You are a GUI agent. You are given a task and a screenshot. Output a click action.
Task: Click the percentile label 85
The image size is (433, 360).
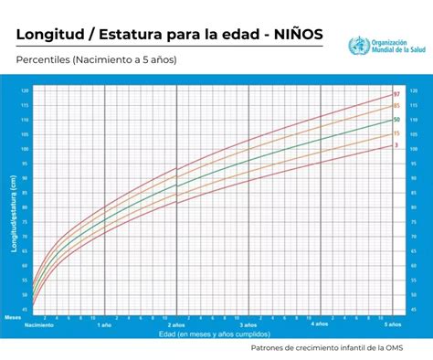coord(396,107)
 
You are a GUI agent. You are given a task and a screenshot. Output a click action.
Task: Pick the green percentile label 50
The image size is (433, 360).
coord(396,120)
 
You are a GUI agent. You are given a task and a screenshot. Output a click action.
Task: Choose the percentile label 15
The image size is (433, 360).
coord(396,133)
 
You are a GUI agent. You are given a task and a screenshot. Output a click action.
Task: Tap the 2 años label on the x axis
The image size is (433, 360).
coord(175,324)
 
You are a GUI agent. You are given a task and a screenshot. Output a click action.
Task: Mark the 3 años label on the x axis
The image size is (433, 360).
coord(248,324)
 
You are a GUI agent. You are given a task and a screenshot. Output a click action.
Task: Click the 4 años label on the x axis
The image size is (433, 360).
coord(319,324)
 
